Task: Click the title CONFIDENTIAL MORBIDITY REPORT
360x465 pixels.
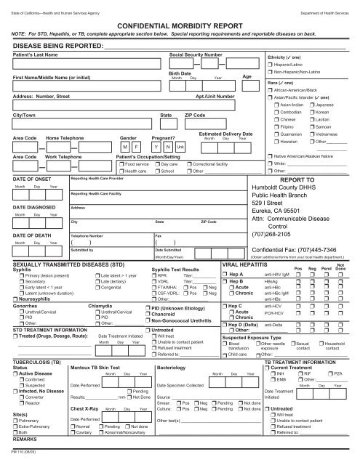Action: pos(180,24)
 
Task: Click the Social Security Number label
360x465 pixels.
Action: pos(196,54)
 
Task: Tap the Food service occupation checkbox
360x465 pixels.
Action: pos(121,165)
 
